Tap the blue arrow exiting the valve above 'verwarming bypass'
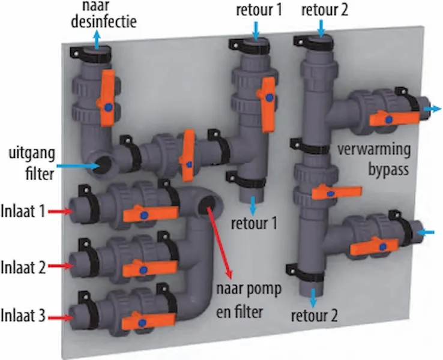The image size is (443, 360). (430, 109)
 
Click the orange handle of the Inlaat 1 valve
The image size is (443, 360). (150, 213)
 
